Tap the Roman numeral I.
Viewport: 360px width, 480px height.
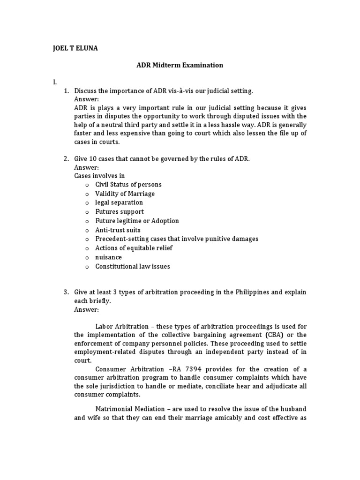pyautogui.click(x=55, y=82)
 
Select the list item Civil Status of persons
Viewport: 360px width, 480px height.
pyautogui.click(x=128, y=185)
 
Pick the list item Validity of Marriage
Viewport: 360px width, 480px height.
pyautogui.click(x=125, y=194)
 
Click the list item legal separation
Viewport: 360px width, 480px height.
pyautogui.click(x=119, y=202)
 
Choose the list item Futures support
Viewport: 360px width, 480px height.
pyautogui.click(x=120, y=212)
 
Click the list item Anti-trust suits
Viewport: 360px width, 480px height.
pyautogui.click(x=118, y=230)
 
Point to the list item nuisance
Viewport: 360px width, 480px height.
pyautogui.click(x=108, y=257)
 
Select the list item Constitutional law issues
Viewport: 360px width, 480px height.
pyautogui.click(x=133, y=266)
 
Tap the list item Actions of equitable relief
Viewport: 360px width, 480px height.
pyautogui.click(x=134, y=248)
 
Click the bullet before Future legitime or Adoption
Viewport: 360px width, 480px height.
pyautogui.click(x=87, y=221)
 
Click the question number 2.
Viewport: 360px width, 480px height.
pyautogui.click(x=66, y=158)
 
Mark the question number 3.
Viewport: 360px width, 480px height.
pyautogui.click(x=66, y=292)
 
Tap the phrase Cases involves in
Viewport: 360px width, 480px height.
pyautogui.click(x=99, y=176)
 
